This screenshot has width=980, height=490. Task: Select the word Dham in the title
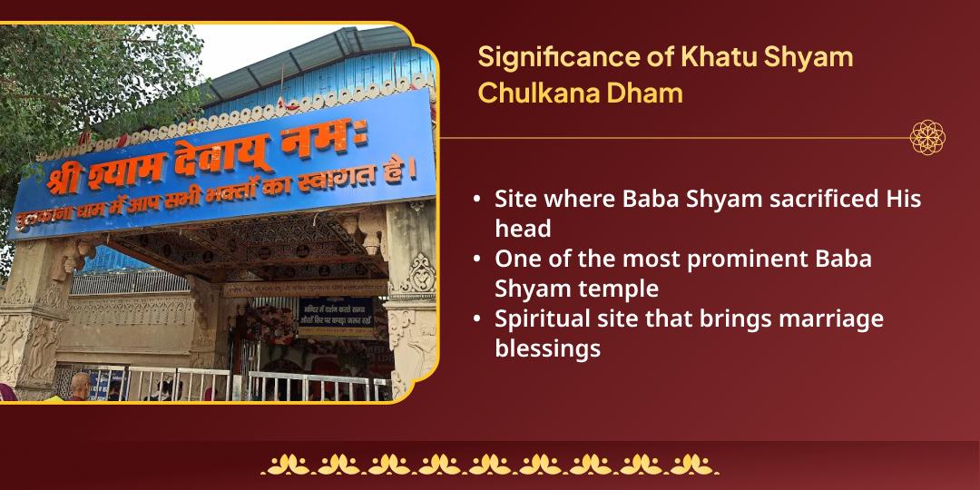click(x=649, y=93)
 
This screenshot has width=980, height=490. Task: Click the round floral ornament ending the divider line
click(x=927, y=138)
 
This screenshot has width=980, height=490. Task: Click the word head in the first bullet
click(x=522, y=229)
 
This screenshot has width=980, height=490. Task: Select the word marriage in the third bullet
click(x=828, y=318)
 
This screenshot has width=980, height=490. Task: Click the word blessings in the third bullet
click(x=547, y=348)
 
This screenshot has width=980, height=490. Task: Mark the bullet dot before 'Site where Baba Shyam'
click(x=477, y=200)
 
